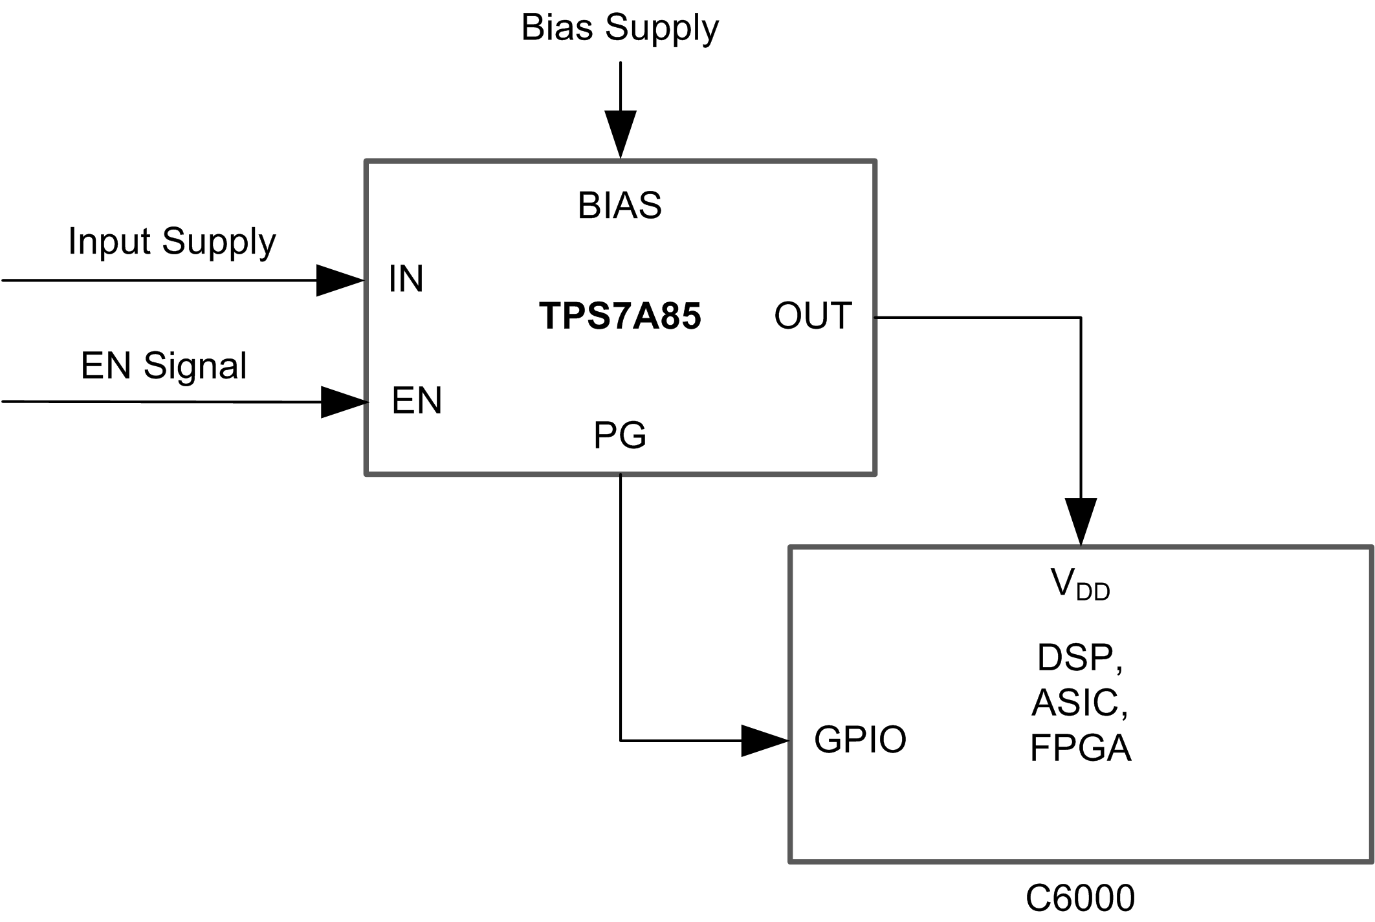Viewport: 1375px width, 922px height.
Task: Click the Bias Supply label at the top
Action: (619, 28)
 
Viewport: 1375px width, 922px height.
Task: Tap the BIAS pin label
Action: (619, 206)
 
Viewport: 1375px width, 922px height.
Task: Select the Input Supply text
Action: (171, 242)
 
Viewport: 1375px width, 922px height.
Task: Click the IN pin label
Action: (406, 279)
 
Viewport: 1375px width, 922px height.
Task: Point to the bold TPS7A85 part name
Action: (620, 316)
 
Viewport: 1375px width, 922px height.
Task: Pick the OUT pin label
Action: (813, 316)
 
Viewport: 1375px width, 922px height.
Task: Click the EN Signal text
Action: (164, 366)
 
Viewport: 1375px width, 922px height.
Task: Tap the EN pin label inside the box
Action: (417, 401)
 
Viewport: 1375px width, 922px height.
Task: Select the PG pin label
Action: (619, 435)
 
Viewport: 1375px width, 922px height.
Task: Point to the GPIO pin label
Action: (860, 740)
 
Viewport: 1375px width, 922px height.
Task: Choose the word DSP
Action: (1079, 658)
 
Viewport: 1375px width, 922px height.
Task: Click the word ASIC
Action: (1079, 703)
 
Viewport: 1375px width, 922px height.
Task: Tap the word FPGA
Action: (1080, 748)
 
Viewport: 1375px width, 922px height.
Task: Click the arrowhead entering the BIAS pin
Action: (621, 133)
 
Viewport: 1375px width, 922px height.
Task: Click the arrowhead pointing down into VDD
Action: (1081, 520)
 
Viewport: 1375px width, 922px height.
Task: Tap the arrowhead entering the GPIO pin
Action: (764, 741)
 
